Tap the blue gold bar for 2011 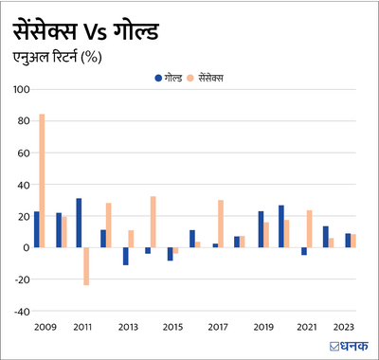[79, 223]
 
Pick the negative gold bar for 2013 [125, 256]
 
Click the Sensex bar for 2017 [221, 224]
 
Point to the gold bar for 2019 [261, 229]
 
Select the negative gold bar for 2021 [304, 251]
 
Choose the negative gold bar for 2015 [171, 254]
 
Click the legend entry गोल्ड [167, 75]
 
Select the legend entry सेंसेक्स [210, 75]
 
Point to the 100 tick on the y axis [19, 90]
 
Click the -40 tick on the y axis [19, 311]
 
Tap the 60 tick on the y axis [21, 153]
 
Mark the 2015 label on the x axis [172, 327]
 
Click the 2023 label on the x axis [344, 327]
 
